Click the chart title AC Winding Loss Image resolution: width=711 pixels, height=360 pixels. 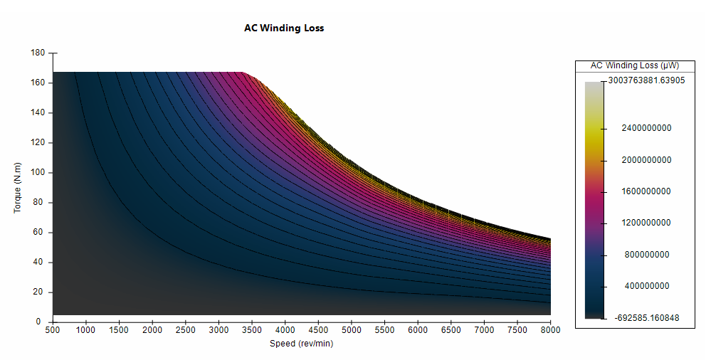point(284,28)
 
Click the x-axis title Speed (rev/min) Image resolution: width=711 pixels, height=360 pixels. point(301,344)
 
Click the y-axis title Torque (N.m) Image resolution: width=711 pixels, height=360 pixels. point(18,187)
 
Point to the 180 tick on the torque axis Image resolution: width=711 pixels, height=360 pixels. point(38,53)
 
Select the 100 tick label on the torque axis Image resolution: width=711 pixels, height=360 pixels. point(38,172)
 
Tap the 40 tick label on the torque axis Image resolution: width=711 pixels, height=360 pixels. point(40,262)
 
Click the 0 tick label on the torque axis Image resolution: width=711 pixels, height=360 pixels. point(43,322)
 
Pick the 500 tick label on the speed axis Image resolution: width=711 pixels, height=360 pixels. point(53,330)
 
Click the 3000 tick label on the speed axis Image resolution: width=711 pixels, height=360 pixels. point(218,330)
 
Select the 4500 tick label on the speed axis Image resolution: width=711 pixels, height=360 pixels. point(318,330)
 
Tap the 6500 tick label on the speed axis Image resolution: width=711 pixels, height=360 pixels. point(451,330)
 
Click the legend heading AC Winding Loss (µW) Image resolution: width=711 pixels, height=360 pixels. point(634,65)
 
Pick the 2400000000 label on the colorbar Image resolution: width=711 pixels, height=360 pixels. point(646,129)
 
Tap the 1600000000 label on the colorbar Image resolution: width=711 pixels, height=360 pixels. point(646,191)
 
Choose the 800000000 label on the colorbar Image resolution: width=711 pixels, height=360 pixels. point(648,255)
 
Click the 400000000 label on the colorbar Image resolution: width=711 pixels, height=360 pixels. point(648,286)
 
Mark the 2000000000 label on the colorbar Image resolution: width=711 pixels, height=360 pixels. point(646,160)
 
